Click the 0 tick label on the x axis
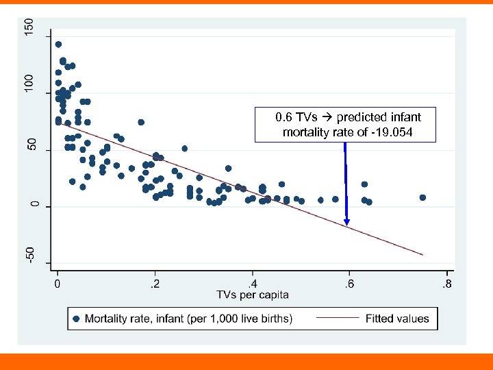58,283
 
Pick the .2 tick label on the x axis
156,283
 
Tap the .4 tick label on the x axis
253,283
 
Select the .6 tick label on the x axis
350,283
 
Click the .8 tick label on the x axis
446,283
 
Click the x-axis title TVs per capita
253,295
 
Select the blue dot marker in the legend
77,318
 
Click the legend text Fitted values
397,318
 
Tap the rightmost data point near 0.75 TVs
422,197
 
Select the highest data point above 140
58,45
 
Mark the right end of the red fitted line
422,255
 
